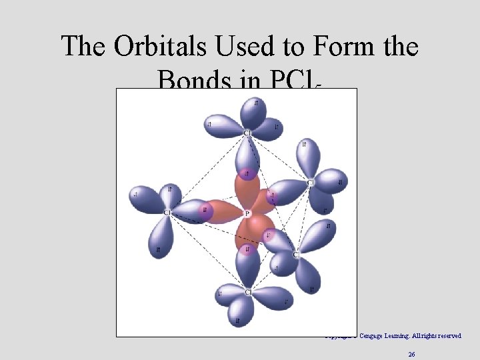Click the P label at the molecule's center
(247, 213)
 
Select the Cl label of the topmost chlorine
(247, 133)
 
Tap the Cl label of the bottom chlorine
(247, 293)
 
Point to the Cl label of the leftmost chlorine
(167, 213)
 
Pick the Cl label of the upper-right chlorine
(310, 182)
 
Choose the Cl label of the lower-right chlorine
(296, 255)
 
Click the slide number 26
(412, 355)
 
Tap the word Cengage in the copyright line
(372, 336)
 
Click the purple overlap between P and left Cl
(205, 211)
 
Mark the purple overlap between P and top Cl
(248, 175)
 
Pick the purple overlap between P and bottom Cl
(248, 251)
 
